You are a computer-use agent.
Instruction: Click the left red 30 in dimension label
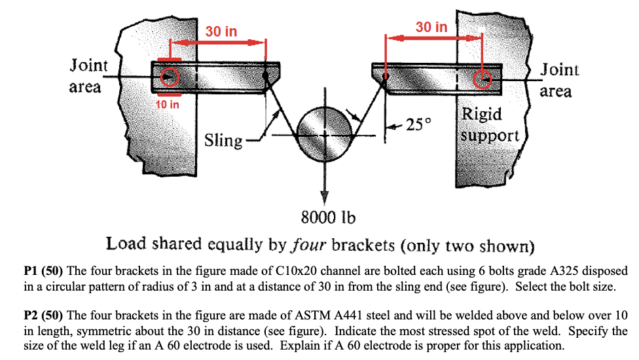(221, 31)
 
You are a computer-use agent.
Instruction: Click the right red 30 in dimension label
(431, 27)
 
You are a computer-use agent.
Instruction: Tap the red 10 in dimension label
(168, 104)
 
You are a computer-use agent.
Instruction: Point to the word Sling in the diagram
(223, 140)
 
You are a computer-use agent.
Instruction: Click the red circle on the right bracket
(483, 79)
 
